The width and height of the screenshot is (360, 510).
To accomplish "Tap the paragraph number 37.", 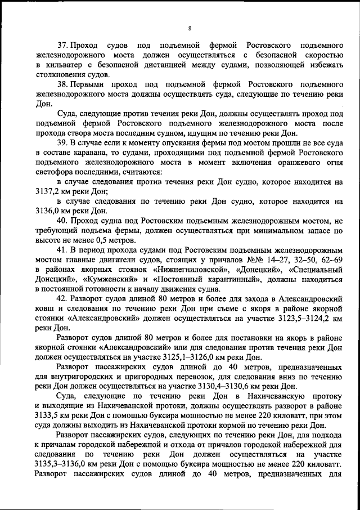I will tap(64, 45).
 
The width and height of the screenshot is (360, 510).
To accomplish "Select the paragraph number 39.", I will tap(64, 143).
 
